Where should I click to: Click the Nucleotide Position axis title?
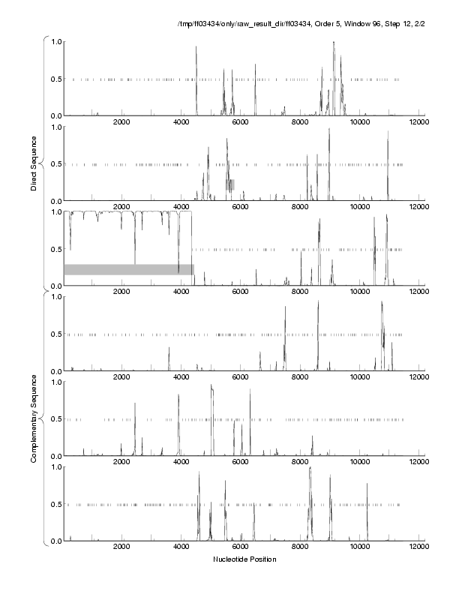[244, 559]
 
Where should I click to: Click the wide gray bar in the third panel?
[128, 269]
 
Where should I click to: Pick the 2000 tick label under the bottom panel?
[122, 547]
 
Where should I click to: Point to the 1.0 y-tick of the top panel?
[55, 41]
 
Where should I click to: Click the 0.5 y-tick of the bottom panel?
[55, 504]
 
